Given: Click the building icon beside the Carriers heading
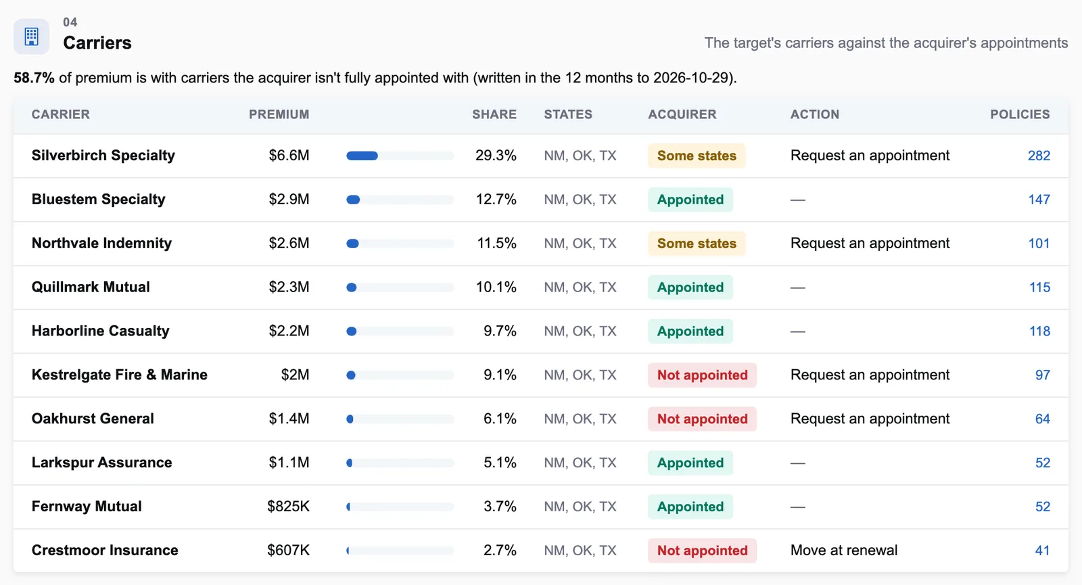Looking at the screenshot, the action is pyautogui.click(x=31, y=37).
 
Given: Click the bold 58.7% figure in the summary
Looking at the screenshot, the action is pyautogui.click(x=34, y=78).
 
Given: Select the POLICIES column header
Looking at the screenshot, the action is pyautogui.click(x=1020, y=114).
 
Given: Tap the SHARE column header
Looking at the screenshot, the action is pyautogui.click(x=494, y=114).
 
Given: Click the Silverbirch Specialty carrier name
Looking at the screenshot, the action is pyautogui.click(x=103, y=156).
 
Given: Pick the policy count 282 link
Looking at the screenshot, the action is pyautogui.click(x=1039, y=156).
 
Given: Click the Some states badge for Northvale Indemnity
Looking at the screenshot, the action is pyautogui.click(x=697, y=243).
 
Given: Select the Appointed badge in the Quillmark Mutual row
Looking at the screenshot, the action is pyautogui.click(x=690, y=287).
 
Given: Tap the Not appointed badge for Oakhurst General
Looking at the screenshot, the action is pyautogui.click(x=702, y=419).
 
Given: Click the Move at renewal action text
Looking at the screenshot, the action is pyautogui.click(x=844, y=551).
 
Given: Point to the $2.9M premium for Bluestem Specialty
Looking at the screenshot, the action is pyautogui.click(x=289, y=200).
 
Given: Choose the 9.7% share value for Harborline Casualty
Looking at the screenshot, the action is pyautogui.click(x=500, y=331).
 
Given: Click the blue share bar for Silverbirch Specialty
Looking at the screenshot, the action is pyautogui.click(x=362, y=156).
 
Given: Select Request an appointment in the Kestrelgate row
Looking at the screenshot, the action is pyautogui.click(x=870, y=375).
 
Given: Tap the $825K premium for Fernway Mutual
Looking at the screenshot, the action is pyautogui.click(x=288, y=507).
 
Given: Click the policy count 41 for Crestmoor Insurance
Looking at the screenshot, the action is pyautogui.click(x=1042, y=551).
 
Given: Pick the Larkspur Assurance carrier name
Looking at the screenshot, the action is pyautogui.click(x=101, y=463).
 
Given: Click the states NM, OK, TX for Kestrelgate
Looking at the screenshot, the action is pyautogui.click(x=580, y=375).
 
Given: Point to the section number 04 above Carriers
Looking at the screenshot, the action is pyautogui.click(x=70, y=22).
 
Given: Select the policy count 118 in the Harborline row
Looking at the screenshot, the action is pyautogui.click(x=1039, y=331).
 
